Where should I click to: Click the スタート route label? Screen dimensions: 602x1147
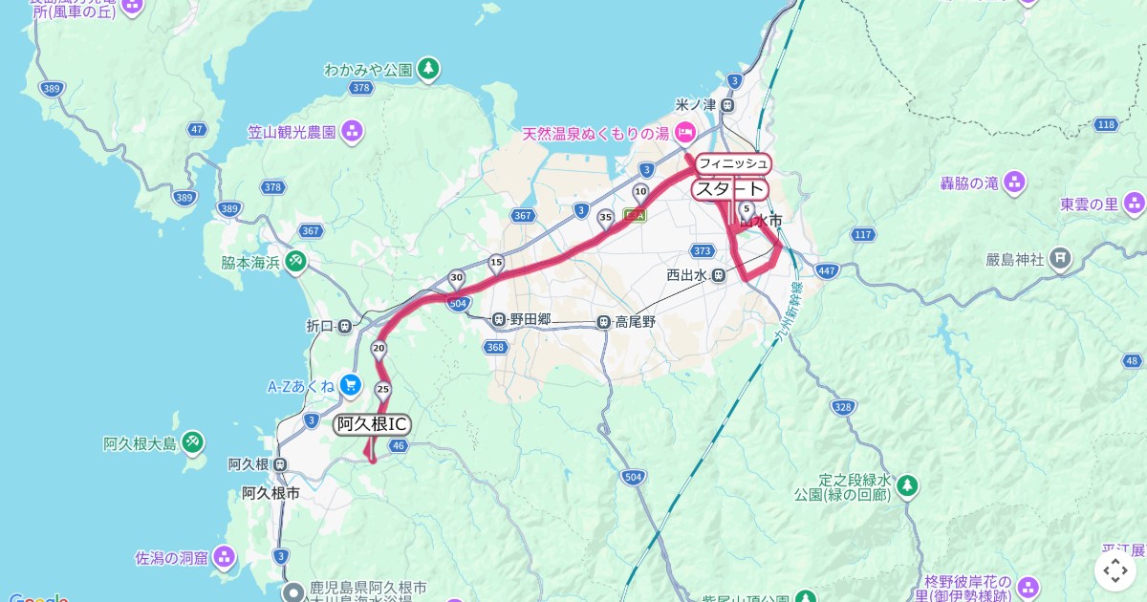tap(730, 189)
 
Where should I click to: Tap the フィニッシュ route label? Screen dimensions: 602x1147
tap(732, 163)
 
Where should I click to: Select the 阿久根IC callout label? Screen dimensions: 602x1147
tap(373, 424)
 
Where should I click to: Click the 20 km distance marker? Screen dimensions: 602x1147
tap(379, 348)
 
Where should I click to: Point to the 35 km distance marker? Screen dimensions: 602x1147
tap(605, 218)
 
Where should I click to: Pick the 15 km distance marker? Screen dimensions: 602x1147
tap(495, 261)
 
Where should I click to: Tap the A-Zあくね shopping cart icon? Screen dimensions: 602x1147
tap(350, 385)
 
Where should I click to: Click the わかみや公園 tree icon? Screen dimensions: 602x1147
tap(429, 69)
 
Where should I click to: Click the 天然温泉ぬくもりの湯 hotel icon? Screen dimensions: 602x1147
tap(684, 133)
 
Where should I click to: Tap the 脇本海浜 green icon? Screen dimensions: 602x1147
tap(295, 261)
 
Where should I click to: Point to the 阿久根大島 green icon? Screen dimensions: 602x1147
tap(193, 442)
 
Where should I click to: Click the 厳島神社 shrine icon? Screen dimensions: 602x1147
tap(1060, 258)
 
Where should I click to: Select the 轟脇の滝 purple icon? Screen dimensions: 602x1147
tap(1014, 182)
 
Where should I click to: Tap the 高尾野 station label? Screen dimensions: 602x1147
tap(635, 322)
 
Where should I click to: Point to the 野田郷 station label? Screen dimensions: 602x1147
tap(530, 319)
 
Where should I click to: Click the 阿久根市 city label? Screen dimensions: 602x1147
tap(271, 493)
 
